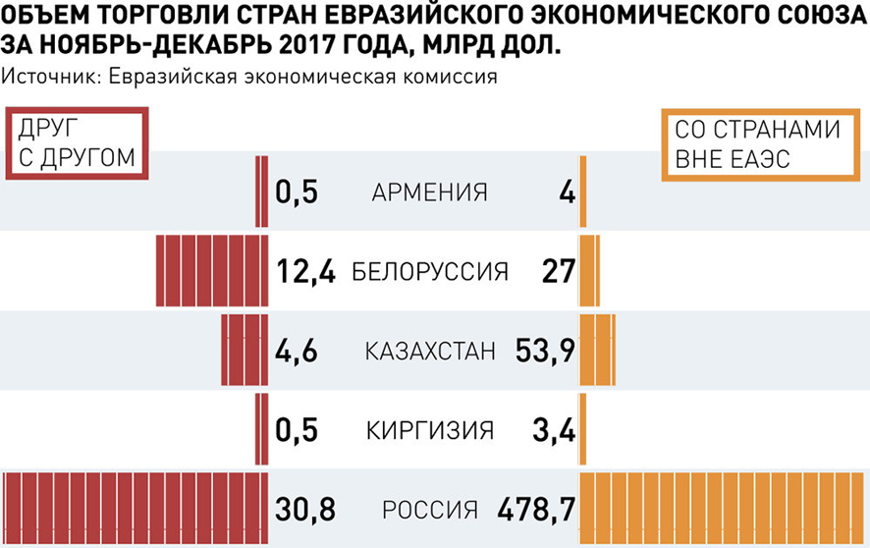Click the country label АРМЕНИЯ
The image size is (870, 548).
(x=429, y=192)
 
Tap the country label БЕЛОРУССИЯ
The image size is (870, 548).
(x=429, y=271)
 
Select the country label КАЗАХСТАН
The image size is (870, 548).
(x=430, y=351)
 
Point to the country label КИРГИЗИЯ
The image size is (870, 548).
(x=429, y=430)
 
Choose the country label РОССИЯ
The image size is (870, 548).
(x=429, y=510)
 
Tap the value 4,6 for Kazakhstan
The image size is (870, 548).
(x=296, y=351)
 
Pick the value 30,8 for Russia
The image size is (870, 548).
(x=306, y=510)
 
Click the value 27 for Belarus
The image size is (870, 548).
(x=558, y=271)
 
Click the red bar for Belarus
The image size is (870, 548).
(x=212, y=271)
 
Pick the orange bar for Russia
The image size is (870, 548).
(x=724, y=510)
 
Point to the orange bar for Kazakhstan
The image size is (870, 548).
(x=597, y=351)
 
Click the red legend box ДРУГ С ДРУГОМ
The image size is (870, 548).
(x=74, y=143)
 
